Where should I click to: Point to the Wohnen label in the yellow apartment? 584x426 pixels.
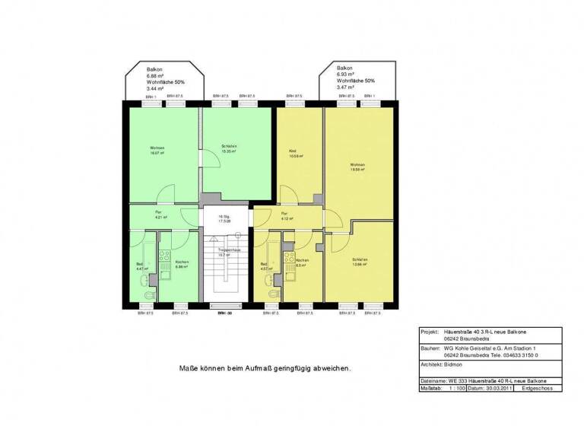click(x=357, y=165)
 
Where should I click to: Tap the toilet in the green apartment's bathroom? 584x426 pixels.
click(x=151, y=295)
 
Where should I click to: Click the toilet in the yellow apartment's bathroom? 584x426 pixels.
click(x=274, y=295)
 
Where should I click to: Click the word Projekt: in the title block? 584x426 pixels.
click(x=432, y=332)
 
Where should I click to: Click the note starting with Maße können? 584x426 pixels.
click(x=265, y=367)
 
